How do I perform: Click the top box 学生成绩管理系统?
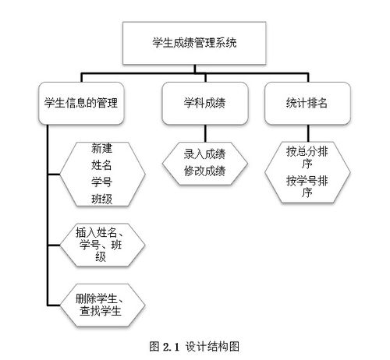tap(194, 43)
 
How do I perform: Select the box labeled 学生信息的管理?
tap(81, 103)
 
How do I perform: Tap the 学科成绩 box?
tap(205, 103)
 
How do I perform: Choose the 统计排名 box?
tap(307, 103)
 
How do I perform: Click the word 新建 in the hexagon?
tap(101, 148)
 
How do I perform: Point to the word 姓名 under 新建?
tap(101, 165)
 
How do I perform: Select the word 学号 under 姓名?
tap(101, 182)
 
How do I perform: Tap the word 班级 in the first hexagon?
tap(101, 199)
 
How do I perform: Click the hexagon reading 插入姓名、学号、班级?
tap(102, 245)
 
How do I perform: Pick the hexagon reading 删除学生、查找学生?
tap(102, 305)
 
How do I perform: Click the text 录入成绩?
tap(204, 154)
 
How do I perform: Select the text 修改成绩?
tap(204, 171)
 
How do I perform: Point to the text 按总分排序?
tap(307, 157)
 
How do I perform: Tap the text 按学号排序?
tap(307, 186)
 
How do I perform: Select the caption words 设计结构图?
tap(212, 347)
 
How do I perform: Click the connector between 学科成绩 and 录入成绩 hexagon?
tap(205, 133)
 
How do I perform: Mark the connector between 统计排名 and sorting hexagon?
tap(308, 133)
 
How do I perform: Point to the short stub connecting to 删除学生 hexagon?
tap(54, 305)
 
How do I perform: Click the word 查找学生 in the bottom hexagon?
tap(101, 311)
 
